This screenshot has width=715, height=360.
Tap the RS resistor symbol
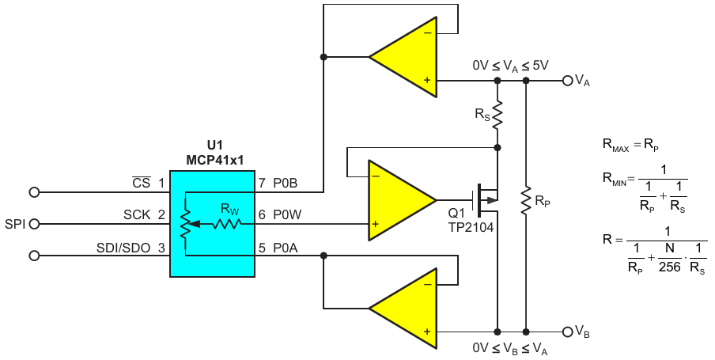pyautogui.click(x=497, y=114)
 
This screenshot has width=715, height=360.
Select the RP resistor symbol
pyautogui.click(x=526, y=200)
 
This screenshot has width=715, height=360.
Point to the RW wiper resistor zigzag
pyautogui.click(x=226, y=224)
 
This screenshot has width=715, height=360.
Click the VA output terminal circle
pyautogui.click(x=567, y=81)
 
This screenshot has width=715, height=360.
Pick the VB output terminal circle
pyautogui.click(x=567, y=332)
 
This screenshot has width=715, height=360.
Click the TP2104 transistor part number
pyautogui.click(x=471, y=227)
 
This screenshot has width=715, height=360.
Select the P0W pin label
pyautogui.click(x=287, y=214)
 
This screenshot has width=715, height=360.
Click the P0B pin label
pyautogui.click(x=286, y=183)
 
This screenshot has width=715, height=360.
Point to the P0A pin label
pyautogui.click(x=286, y=248)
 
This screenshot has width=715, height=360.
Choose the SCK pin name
pyautogui.click(x=137, y=214)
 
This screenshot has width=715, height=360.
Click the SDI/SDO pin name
pyautogui.click(x=123, y=248)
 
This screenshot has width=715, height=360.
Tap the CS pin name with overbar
pyautogui.click(x=142, y=183)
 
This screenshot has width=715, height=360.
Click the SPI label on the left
pyautogui.click(x=15, y=224)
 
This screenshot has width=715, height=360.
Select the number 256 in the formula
pyautogui.click(x=669, y=267)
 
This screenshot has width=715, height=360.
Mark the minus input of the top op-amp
pyautogui.click(x=427, y=33)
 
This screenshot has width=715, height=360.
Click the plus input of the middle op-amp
pyautogui.click(x=375, y=224)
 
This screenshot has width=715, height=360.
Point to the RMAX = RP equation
pyautogui.click(x=630, y=145)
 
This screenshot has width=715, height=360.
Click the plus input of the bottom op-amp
pyautogui.click(x=427, y=332)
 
